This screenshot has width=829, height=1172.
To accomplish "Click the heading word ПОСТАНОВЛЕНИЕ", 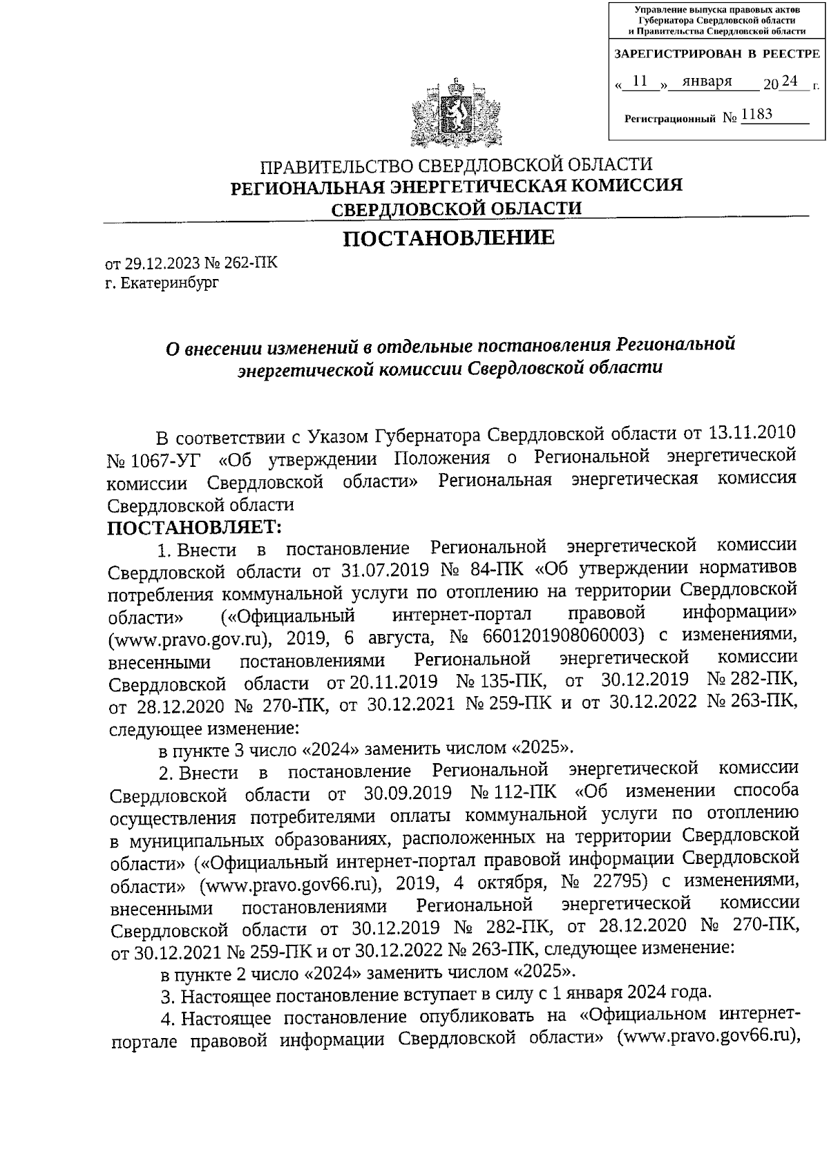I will (449, 238).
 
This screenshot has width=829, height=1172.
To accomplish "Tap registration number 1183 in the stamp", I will (756, 114).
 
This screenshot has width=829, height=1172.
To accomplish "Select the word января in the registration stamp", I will (707, 81).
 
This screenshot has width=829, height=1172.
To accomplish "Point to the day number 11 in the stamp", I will (640, 81).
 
